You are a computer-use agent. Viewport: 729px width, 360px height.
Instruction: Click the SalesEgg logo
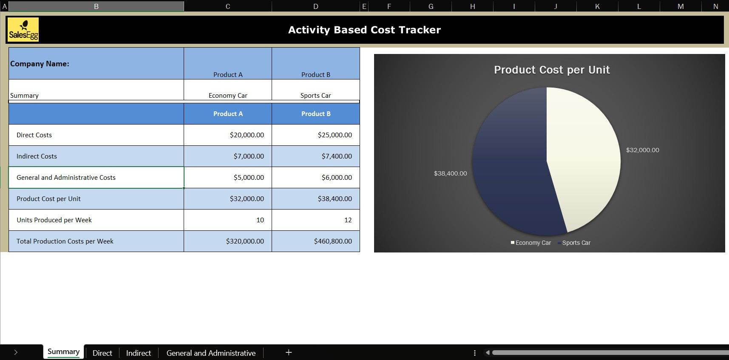(x=23, y=29)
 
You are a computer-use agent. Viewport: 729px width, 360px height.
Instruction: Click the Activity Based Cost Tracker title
(x=364, y=30)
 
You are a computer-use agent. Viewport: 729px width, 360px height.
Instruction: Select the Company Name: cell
(x=96, y=63)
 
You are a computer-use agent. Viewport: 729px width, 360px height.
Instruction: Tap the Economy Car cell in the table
(x=228, y=90)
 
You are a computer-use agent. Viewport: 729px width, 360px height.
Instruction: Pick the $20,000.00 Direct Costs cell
(x=228, y=135)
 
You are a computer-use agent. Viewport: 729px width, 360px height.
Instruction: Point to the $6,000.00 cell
(x=316, y=177)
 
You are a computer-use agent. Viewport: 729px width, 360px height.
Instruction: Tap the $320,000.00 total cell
(x=228, y=241)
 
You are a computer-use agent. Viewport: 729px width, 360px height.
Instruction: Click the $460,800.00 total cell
(x=316, y=241)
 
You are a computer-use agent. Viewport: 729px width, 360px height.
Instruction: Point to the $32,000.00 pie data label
(x=642, y=150)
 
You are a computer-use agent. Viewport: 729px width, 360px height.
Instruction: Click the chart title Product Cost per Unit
(x=552, y=70)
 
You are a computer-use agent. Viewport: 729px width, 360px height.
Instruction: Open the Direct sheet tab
(x=102, y=353)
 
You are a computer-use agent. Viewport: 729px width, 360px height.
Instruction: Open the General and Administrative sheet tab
(x=211, y=353)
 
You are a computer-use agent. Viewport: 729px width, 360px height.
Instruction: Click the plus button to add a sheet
(x=289, y=352)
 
